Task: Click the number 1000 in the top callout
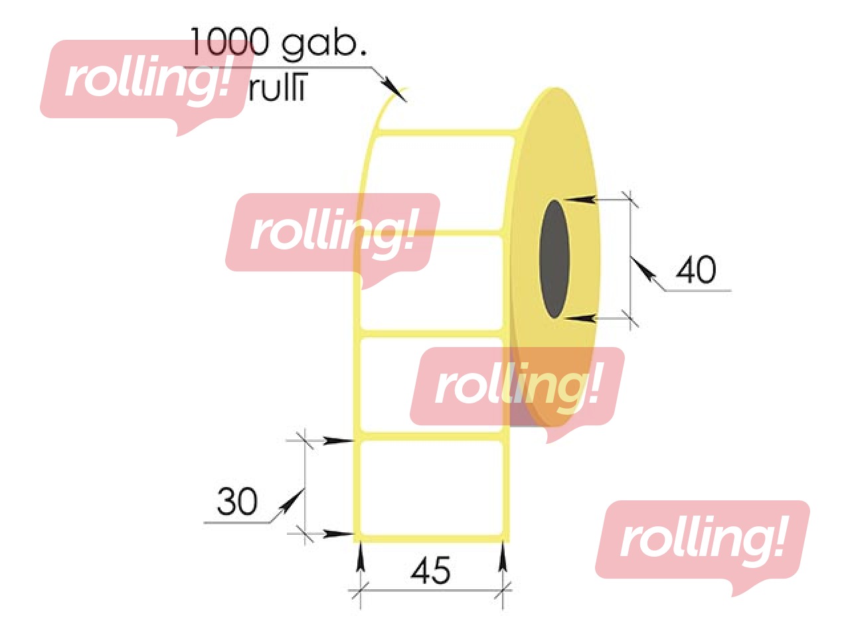point(229,42)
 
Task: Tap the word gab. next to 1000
point(324,45)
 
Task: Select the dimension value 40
point(696,270)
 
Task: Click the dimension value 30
point(237,502)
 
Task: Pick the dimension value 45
point(431,571)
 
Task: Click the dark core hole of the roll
point(554,259)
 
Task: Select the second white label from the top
point(432,282)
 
